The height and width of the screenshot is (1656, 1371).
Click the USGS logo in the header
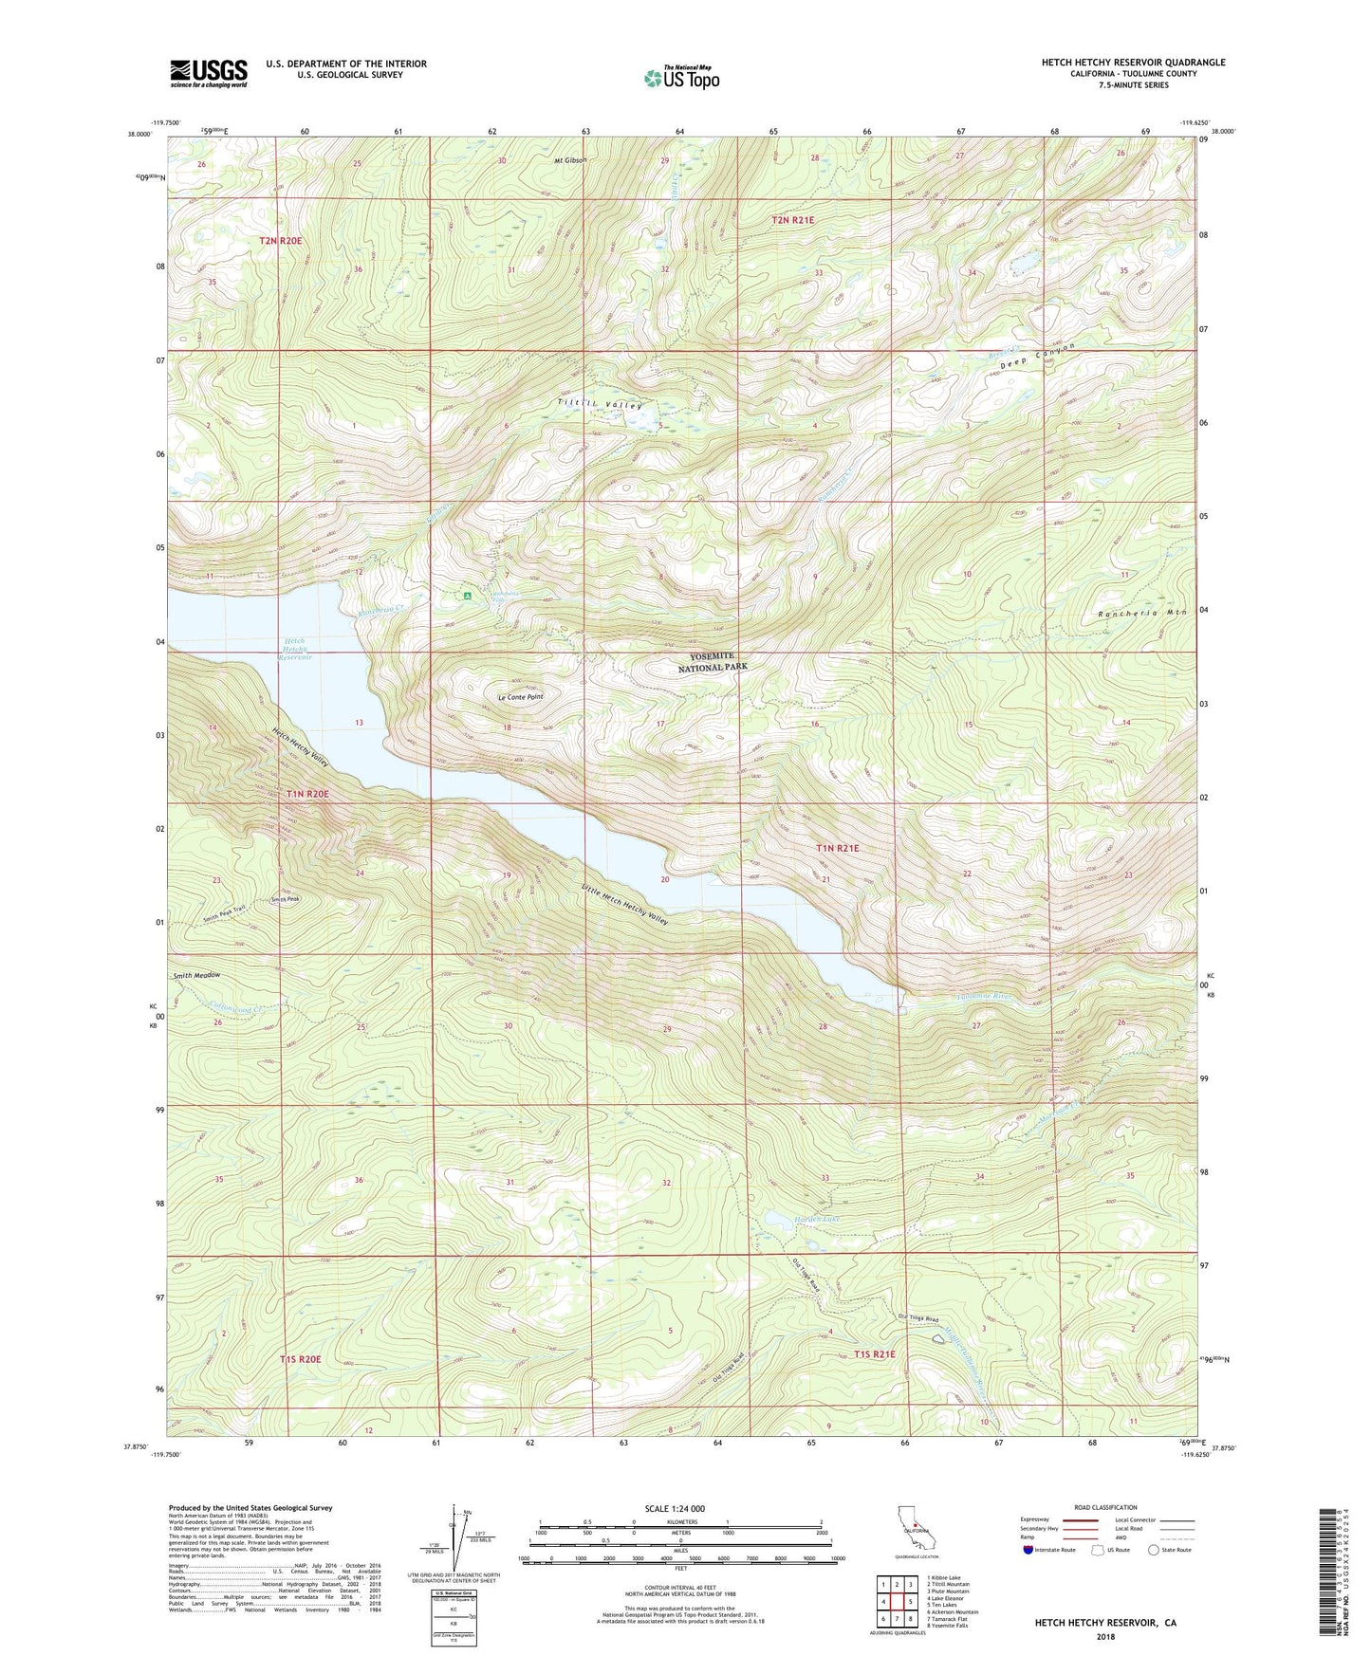[x=208, y=73]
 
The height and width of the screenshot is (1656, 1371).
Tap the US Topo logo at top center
[x=681, y=79]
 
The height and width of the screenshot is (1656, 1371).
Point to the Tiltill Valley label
[x=601, y=405]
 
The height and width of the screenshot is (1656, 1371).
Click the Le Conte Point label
[x=521, y=697]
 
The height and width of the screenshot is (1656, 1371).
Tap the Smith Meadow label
[x=196, y=975]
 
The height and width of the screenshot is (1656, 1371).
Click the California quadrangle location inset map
[x=916, y=1528]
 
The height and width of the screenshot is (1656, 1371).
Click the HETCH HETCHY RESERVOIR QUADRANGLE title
[x=1133, y=63]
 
